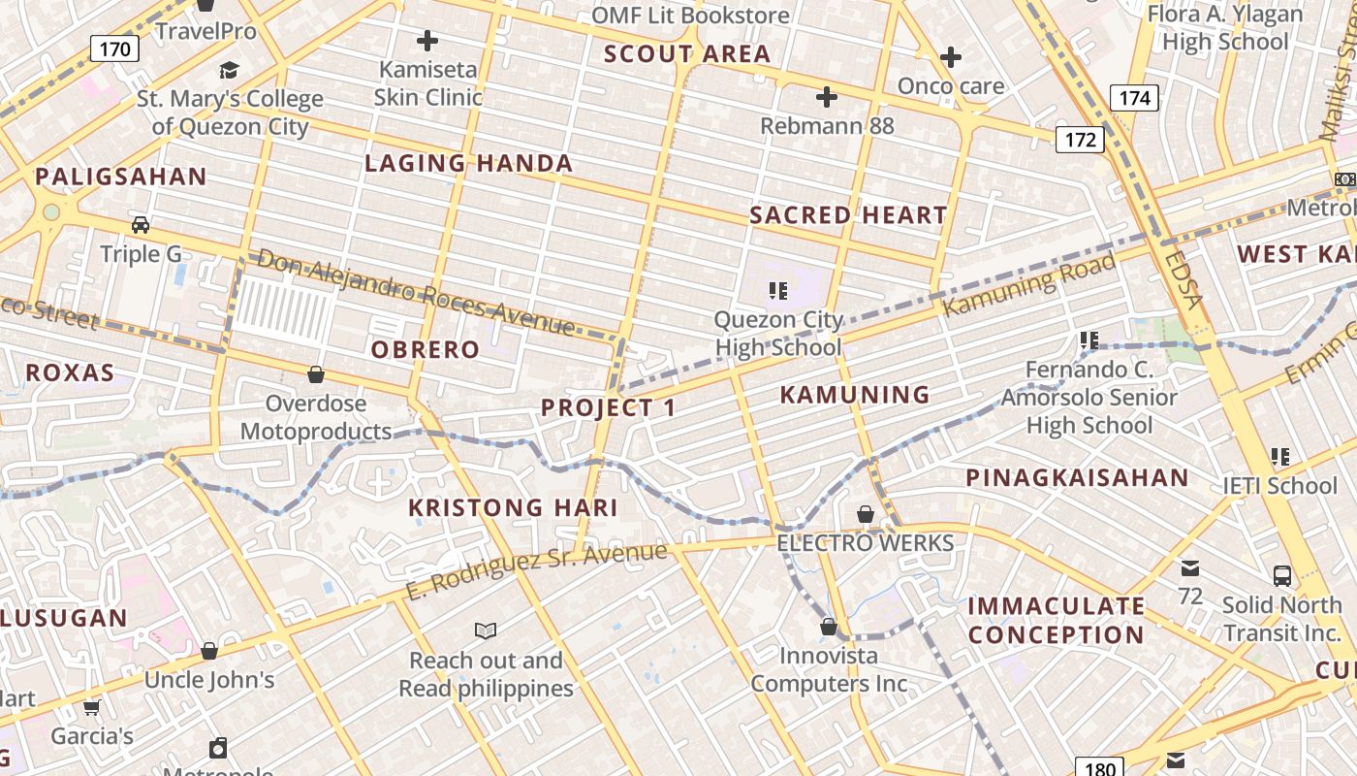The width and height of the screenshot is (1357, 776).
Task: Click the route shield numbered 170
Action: [x=115, y=48]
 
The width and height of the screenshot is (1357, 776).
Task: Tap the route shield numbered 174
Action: [x=1134, y=97]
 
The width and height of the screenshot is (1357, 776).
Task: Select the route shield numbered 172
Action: [x=1080, y=140]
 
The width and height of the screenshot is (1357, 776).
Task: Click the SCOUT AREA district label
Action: [x=687, y=54]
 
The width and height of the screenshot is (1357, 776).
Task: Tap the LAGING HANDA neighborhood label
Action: [x=468, y=163]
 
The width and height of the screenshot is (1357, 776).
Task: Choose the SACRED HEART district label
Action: [x=848, y=215]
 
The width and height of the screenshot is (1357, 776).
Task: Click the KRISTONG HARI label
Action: [x=513, y=507]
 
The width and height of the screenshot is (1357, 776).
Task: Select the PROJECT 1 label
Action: [x=608, y=407]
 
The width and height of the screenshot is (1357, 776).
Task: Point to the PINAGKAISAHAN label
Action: [x=1077, y=477]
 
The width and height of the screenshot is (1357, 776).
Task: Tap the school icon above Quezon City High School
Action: [x=777, y=290]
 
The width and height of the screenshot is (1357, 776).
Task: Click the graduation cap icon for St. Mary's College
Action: [x=229, y=70]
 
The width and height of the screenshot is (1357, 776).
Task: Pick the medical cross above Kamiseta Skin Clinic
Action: [x=426, y=41]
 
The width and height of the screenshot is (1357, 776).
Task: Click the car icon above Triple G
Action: [x=141, y=225]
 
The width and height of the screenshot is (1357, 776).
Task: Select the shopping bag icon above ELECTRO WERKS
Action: [x=866, y=514]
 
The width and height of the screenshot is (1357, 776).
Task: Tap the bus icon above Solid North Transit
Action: [x=1281, y=576]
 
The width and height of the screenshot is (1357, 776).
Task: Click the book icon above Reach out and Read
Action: [x=486, y=631]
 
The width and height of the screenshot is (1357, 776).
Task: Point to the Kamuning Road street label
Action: [x=1030, y=285]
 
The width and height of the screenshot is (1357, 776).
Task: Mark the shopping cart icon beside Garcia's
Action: [x=91, y=707]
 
